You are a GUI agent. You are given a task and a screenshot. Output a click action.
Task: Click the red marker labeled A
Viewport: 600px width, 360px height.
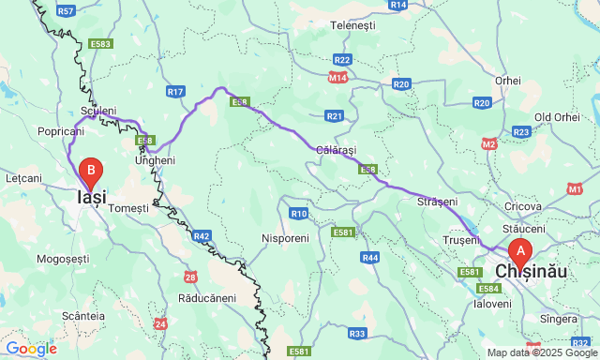coord(520,251)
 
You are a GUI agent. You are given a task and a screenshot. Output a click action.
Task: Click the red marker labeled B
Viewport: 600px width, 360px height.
coord(91,172)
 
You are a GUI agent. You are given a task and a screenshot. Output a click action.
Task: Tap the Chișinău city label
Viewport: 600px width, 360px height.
coord(531,271)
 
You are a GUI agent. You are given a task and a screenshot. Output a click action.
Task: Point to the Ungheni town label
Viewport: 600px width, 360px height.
coord(155,160)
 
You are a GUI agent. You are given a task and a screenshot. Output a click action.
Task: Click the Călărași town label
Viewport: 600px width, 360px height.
coord(337,150)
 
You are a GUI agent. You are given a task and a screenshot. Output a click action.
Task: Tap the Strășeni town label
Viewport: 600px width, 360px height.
coord(437,202)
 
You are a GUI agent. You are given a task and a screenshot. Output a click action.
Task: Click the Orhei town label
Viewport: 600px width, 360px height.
coord(508,81)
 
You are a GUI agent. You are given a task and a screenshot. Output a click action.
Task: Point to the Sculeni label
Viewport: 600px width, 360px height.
coord(98,111)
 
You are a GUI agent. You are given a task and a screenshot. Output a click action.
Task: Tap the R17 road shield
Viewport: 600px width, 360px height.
coord(175,91)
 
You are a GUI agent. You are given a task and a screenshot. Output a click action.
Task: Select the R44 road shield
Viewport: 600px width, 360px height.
coord(370,257)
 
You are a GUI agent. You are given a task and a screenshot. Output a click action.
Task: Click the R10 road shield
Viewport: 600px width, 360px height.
coord(299,214)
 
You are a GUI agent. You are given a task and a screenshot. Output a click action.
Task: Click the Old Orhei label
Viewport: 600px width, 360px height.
coord(557,117)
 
